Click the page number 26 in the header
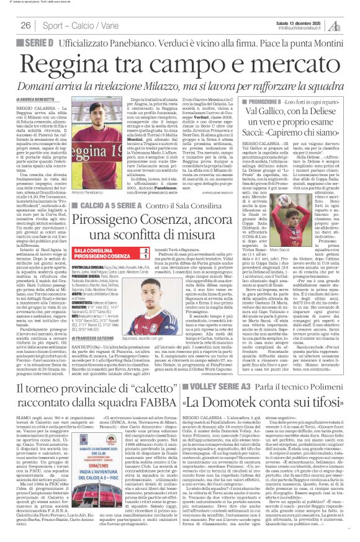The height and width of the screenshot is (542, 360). point(25,25)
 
